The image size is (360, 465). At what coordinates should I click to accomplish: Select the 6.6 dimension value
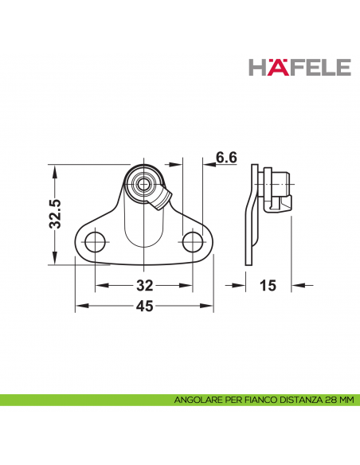[x=226, y=158]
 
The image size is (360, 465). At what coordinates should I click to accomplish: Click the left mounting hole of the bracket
[x=95, y=240]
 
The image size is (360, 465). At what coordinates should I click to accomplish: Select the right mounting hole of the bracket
[x=192, y=240]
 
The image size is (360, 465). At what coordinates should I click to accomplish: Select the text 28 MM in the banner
[x=338, y=401]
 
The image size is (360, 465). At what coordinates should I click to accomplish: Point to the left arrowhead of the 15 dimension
[x=242, y=283]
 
